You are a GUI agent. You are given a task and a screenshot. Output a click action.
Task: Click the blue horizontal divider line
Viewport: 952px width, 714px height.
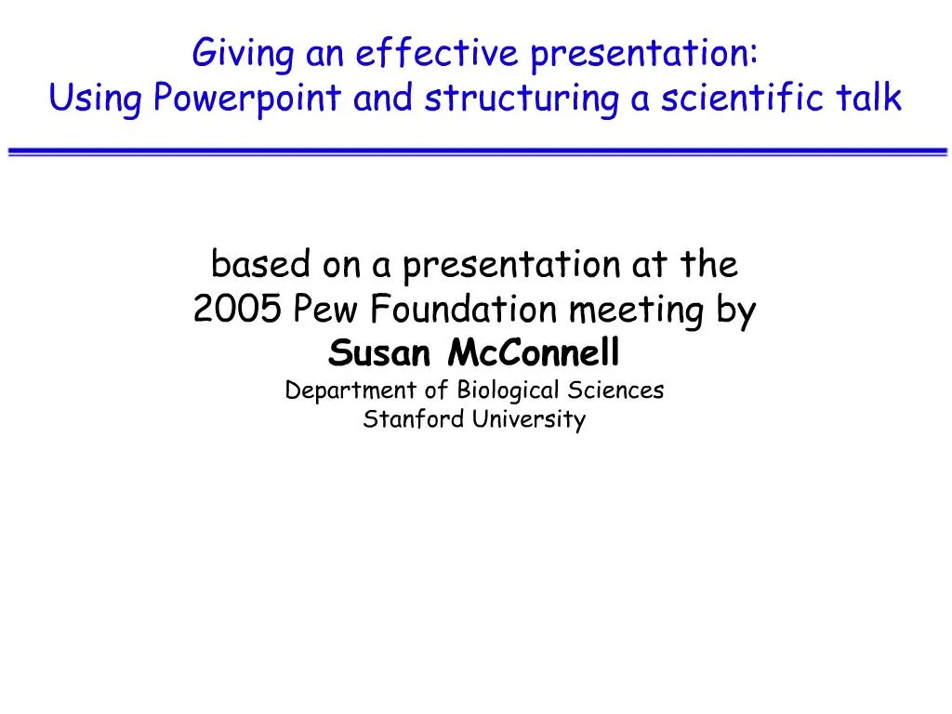476,152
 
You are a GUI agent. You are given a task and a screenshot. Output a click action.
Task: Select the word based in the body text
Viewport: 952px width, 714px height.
260,266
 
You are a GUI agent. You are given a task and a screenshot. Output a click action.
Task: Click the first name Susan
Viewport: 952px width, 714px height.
383,353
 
